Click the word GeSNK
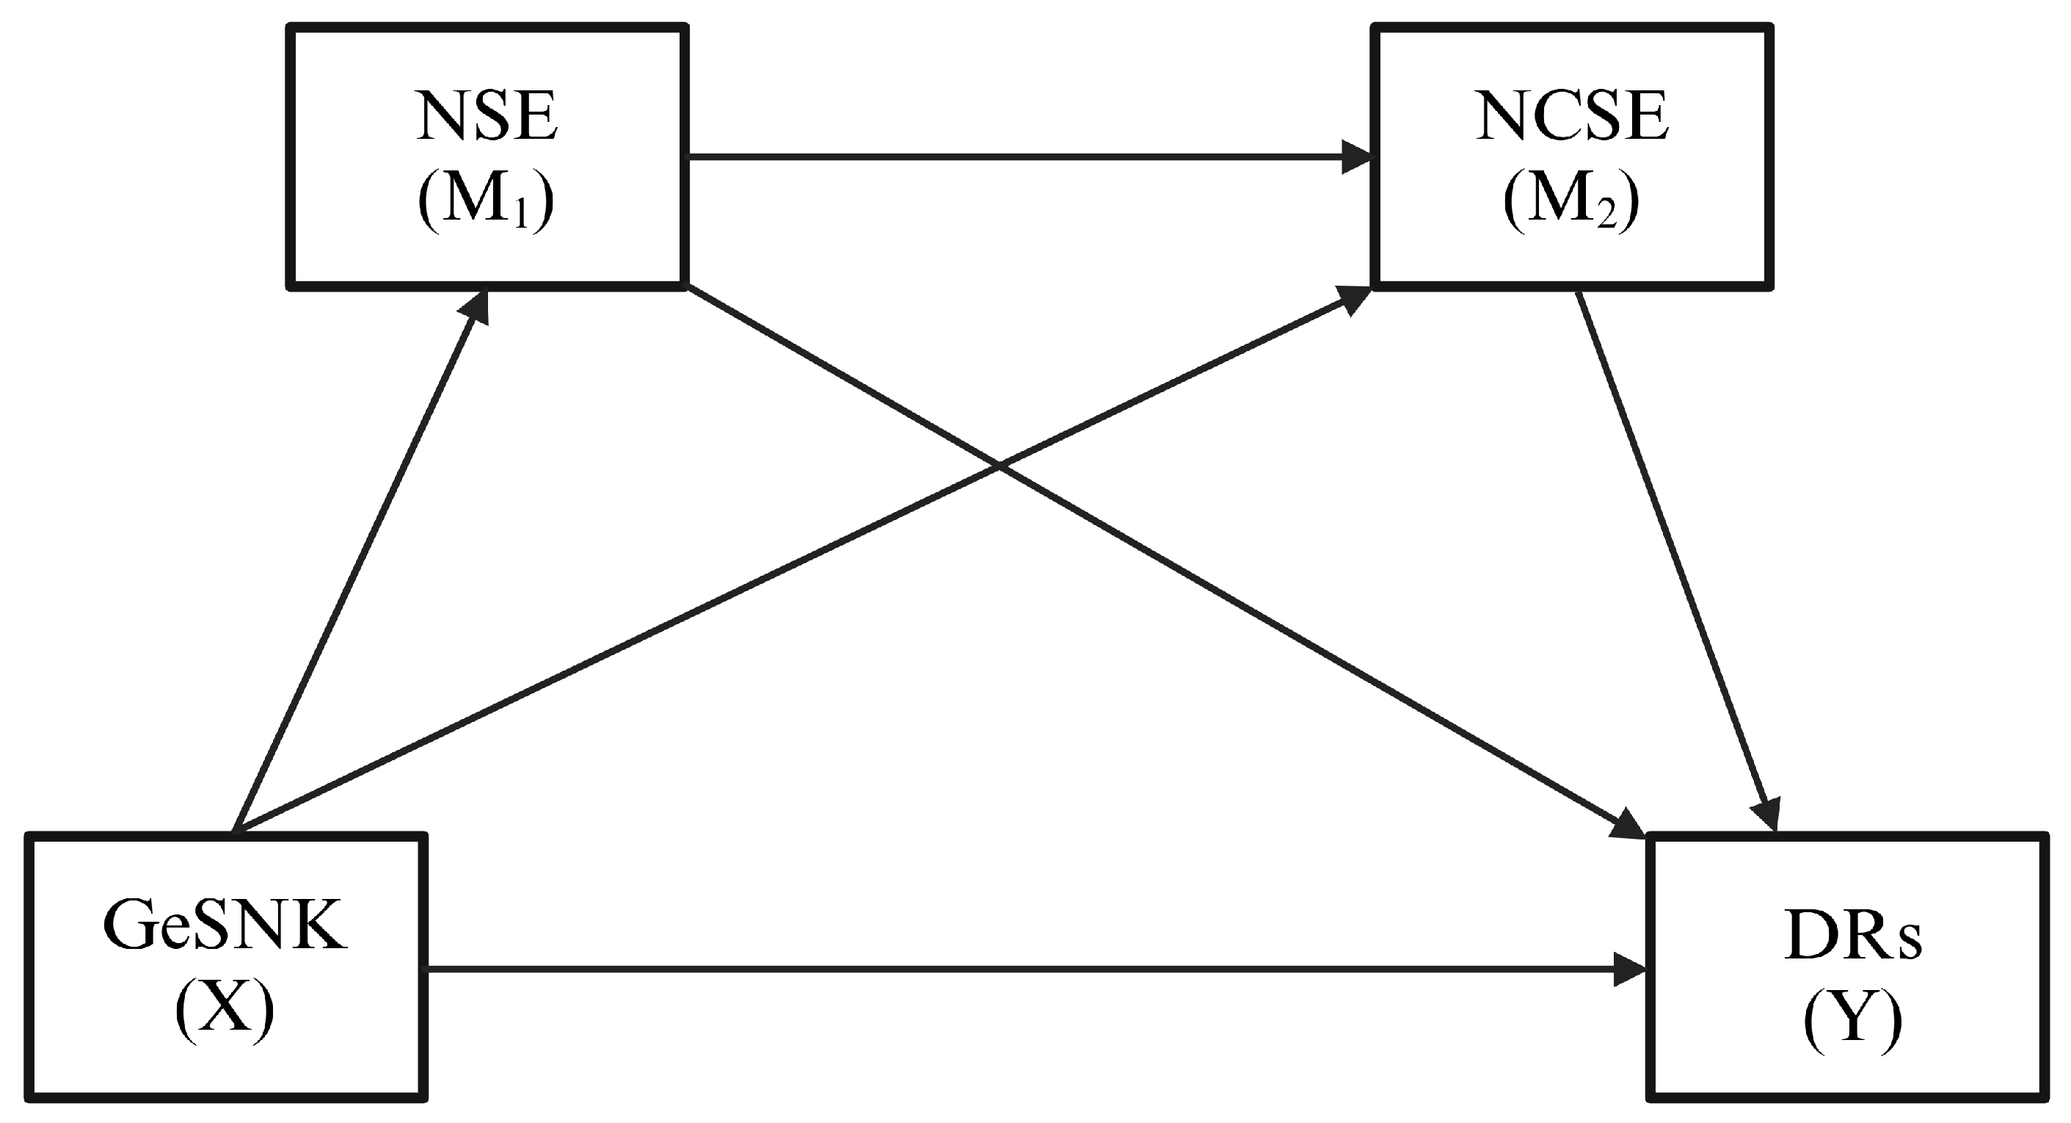coord(225,928)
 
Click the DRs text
coord(1852,939)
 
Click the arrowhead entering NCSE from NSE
coord(1358,157)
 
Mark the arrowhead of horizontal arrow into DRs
coord(1632,970)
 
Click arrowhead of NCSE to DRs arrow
coord(1771,814)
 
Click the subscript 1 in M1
coord(523,218)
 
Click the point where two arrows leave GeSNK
coord(235,830)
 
